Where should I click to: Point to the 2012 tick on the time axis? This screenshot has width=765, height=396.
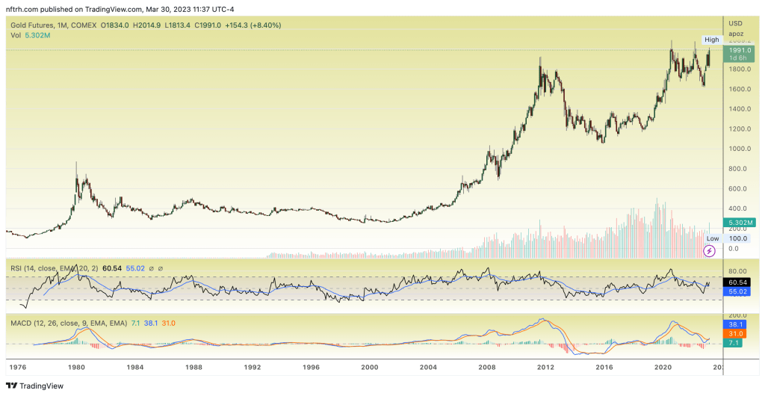point(545,368)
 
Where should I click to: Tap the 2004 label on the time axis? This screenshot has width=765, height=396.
point(428,368)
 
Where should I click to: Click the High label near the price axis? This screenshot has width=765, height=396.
point(712,40)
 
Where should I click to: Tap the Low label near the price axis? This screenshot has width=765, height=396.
point(713,238)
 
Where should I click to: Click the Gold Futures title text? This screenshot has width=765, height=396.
point(33,25)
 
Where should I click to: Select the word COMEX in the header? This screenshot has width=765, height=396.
point(87,25)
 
